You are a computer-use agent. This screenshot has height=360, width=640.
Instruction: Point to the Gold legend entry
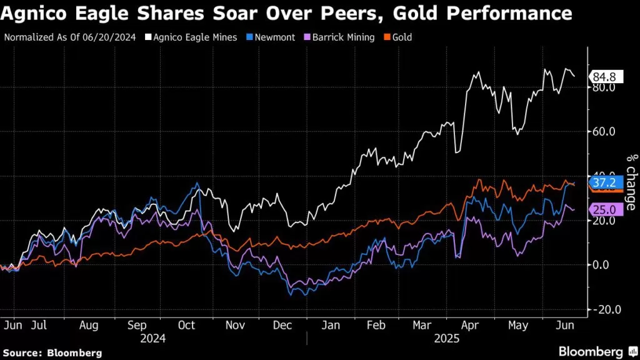point(399,37)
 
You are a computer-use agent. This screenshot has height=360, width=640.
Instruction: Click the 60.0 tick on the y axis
point(604,132)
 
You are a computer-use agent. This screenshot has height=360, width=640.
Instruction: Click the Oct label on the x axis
point(187,326)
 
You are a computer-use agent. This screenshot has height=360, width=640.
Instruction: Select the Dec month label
point(283,326)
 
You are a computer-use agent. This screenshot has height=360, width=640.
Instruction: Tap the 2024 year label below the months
point(154,338)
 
